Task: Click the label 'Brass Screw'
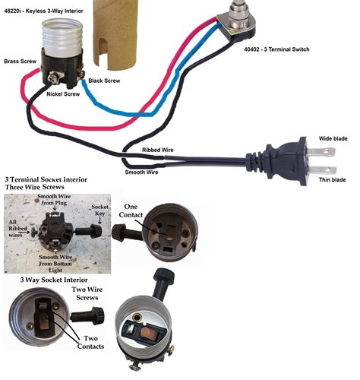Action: tap(21, 62)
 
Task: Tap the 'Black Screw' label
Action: tap(104, 81)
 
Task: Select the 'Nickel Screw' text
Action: tap(63, 94)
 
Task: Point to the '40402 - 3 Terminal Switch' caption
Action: tap(276, 49)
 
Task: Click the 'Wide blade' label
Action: tap(333, 138)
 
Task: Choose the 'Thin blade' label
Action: tap(332, 179)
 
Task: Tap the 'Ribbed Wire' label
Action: tap(158, 150)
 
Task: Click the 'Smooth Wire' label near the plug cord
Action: tap(141, 173)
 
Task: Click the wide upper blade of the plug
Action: tap(321, 152)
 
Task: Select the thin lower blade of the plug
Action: tap(323, 170)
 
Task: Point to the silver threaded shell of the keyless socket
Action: tap(62, 33)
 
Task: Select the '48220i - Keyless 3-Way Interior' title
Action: tap(43, 11)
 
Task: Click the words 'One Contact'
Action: tap(131, 211)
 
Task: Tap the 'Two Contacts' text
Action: tap(90, 342)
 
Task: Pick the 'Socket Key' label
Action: tap(99, 210)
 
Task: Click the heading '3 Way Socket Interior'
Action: tap(54, 280)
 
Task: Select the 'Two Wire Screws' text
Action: tap(87, 293)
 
